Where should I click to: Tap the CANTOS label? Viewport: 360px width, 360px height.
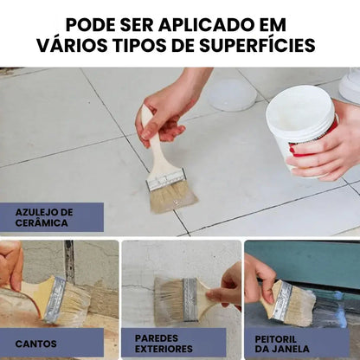(35, 343)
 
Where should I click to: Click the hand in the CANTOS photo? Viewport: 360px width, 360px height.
(10, 263)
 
